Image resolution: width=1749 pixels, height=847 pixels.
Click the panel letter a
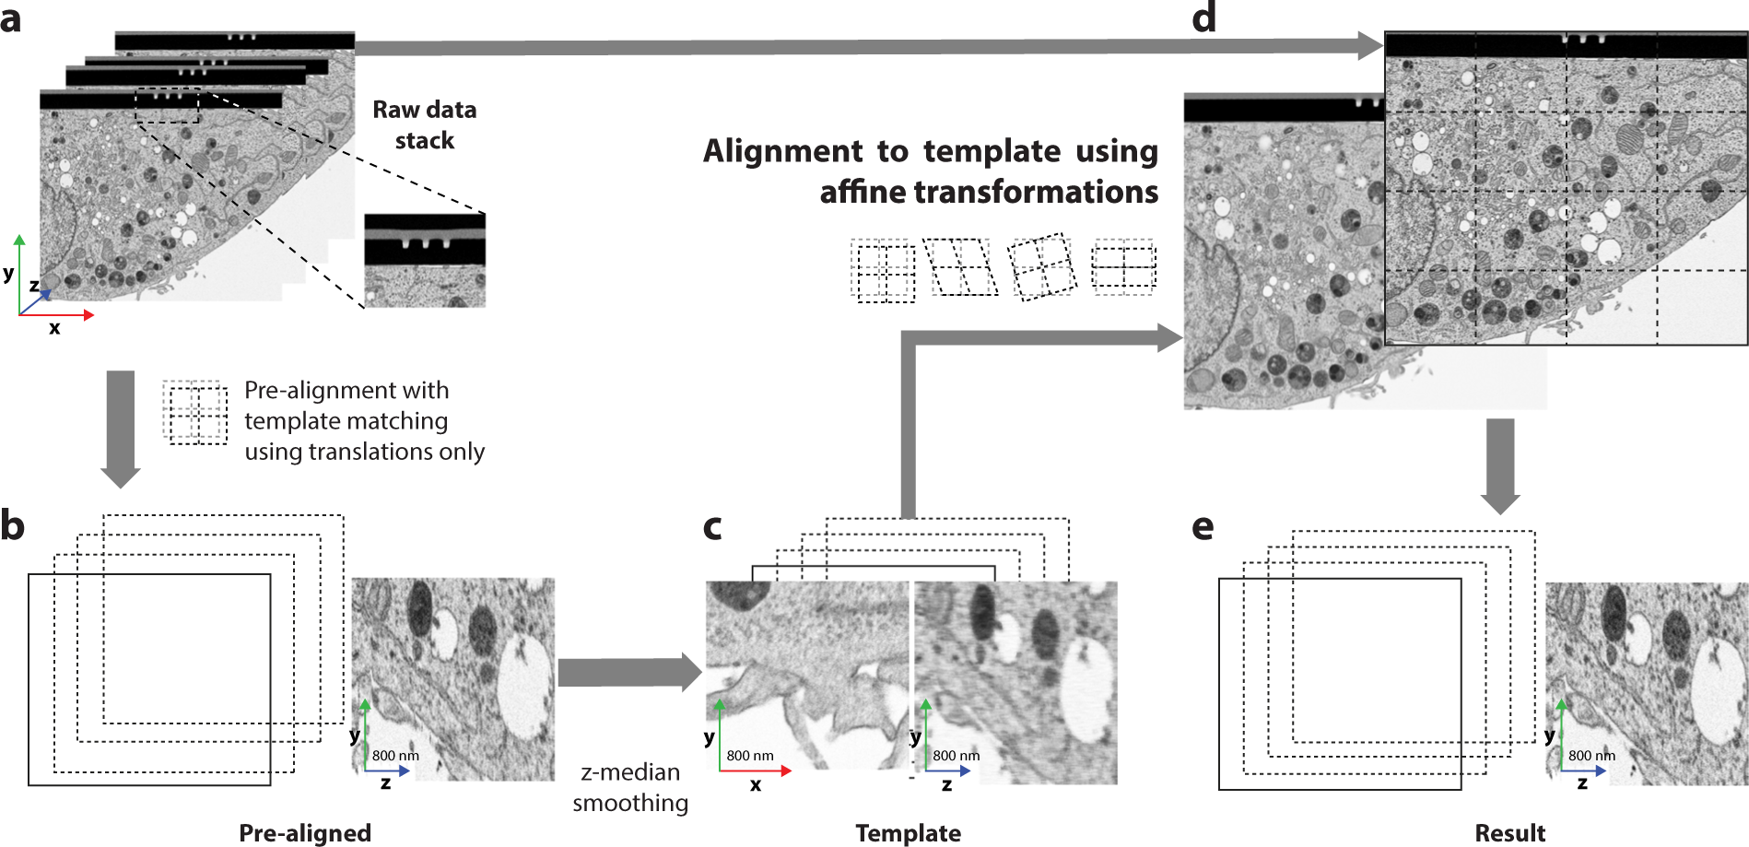[11, 19]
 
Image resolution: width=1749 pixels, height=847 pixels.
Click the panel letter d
[1203, 18]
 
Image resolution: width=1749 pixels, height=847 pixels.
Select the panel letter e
[1203, 527]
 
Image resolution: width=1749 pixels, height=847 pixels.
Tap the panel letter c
[712, 527]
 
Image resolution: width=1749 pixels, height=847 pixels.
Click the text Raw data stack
[424, 124]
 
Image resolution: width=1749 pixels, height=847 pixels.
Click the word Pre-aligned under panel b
[305, 832]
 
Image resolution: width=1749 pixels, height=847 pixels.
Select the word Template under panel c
[908, 833]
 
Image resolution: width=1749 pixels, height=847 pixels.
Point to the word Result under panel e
[1509, 833]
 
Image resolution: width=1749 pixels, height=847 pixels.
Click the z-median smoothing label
[630, 787]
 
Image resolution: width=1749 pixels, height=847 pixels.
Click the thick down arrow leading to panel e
[1500, 465]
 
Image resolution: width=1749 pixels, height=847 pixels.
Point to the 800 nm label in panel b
[395, 756]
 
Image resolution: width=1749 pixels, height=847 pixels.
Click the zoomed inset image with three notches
[425, 260]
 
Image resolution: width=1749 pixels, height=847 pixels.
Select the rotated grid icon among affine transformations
[1043, 266]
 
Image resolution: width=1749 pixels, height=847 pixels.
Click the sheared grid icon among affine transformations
[961, 267]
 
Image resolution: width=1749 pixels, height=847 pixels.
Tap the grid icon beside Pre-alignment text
[195, 413]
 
